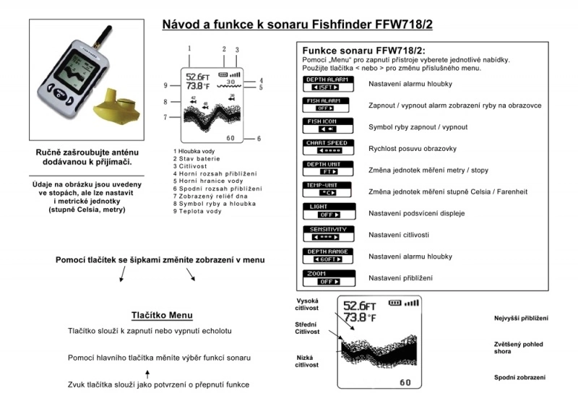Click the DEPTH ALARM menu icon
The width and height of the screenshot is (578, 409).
(328, 84)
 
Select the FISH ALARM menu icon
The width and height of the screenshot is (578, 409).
(328, 105)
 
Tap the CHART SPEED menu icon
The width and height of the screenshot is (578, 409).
(328, 147)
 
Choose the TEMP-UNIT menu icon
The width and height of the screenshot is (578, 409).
(328, 190)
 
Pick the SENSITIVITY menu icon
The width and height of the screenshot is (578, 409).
(328, 233)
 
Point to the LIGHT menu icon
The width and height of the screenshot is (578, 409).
(328, 212)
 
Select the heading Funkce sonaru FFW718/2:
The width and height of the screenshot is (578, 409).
(367, 49)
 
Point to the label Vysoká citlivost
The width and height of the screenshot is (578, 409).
(307, 304)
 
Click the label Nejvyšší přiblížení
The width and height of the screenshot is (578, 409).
(521, 318)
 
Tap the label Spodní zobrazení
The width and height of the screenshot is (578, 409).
(519, 377)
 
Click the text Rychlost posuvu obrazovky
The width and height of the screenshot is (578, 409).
(412, 148)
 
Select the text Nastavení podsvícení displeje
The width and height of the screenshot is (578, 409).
(416, 213)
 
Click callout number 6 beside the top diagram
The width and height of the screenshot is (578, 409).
(259, 138)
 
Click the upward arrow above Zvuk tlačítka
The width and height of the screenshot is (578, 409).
(147, 373)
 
